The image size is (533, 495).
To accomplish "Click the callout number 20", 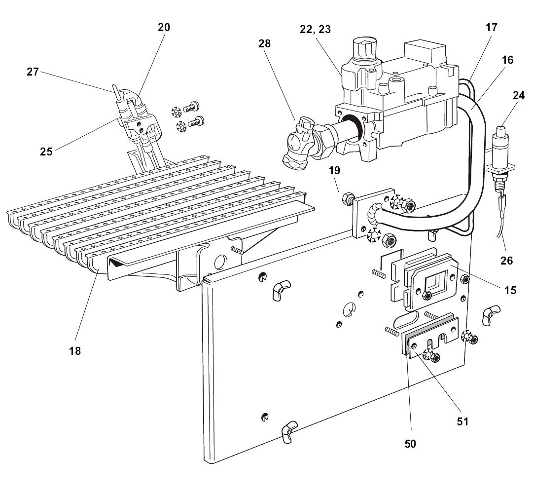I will (164, 28).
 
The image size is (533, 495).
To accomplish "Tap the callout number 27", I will (33, 72).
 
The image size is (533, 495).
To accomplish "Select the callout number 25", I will (46, 152).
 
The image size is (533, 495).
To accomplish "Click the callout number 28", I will (264, 44).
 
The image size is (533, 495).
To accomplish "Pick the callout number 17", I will (491, 28).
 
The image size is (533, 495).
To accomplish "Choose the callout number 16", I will (507, 60).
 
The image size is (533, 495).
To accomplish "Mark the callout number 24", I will (518, 96).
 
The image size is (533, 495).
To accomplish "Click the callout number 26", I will (506, 260).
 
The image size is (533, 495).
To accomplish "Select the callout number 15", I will (510, 290).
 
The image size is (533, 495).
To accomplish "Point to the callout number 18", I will (75, 351).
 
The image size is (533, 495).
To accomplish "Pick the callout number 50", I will (410, 444).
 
